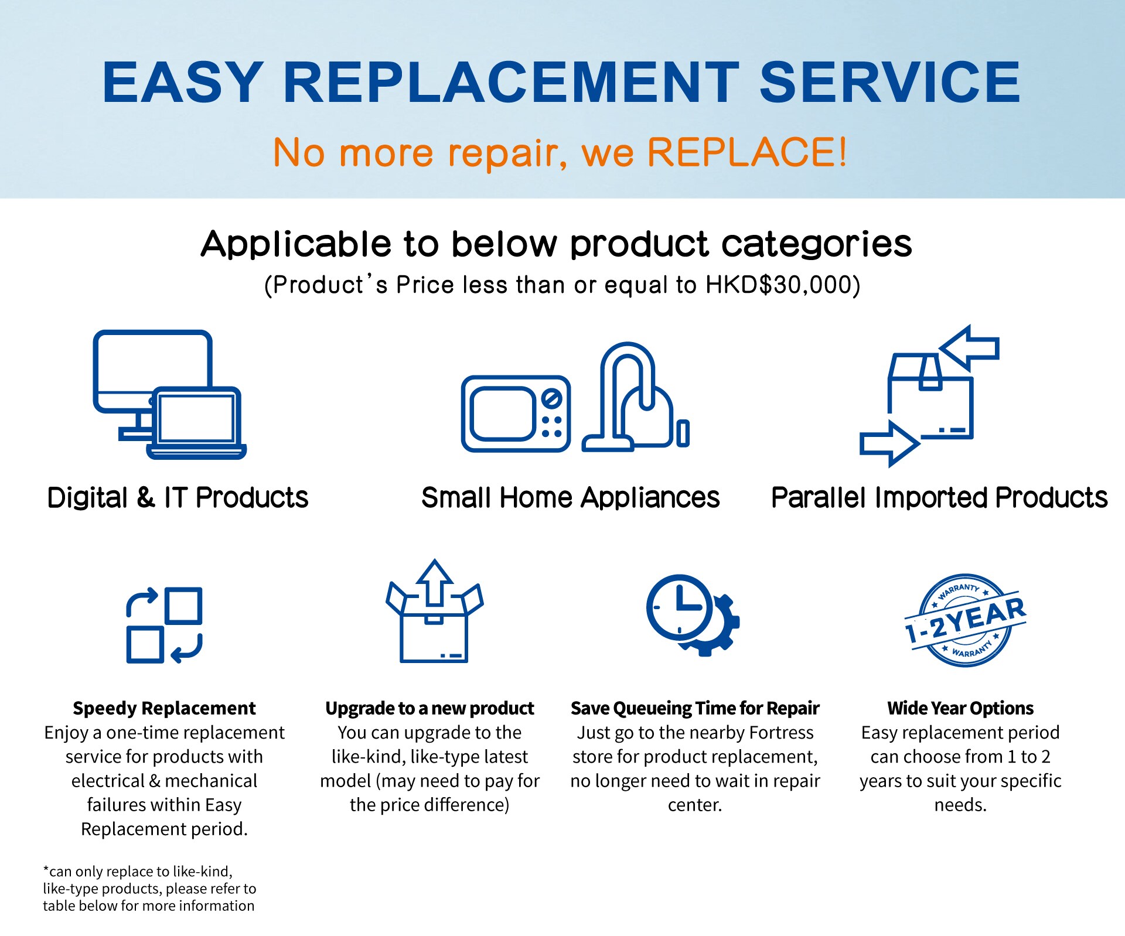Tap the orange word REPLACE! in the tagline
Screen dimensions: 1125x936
click(747, 152)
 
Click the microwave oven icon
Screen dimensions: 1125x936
click(516, 414)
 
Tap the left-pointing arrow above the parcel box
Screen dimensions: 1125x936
click(969, 349)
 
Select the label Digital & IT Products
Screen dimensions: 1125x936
click(178, 498)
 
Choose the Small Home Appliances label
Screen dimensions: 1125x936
click(570, 498)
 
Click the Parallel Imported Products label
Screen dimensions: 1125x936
click(939, 498)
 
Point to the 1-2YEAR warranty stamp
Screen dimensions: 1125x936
click(965, 620)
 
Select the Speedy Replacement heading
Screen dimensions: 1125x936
click(164, 708)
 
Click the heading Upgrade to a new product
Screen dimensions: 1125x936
click(429, 708)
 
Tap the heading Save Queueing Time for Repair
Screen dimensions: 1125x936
click(695, 708)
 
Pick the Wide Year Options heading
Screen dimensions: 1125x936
click(960, 708)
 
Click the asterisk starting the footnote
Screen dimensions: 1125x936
click(46, 869)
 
